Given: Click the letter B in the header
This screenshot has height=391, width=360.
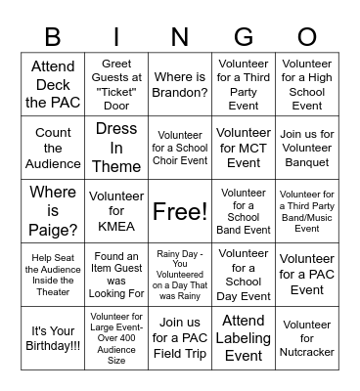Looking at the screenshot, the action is [53, 37].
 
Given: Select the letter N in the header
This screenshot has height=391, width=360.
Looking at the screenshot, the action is [180, 37].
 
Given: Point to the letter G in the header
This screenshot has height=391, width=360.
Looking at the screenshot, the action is [244, 37].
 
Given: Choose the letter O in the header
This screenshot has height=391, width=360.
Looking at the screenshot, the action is [307, 37].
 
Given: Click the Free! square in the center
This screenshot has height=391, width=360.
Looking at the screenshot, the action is [180, 211].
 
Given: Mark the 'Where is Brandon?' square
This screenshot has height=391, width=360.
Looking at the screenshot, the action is [180, 85].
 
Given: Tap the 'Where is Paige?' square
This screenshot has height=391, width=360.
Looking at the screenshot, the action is [53, 211].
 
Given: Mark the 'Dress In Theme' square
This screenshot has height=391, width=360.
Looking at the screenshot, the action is [116, 148].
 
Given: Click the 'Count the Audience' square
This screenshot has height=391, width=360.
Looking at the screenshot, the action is [53, 148].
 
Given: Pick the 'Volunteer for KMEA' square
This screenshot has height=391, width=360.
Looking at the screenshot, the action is [116, 211].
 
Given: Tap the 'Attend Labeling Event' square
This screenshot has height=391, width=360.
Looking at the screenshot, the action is [244, 338].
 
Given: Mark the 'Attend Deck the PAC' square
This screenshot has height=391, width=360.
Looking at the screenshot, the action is [53, 85].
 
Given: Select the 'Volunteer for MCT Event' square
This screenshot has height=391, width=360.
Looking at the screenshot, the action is [244, 148].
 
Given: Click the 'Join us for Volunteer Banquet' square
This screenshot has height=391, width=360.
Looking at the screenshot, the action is [307, 148].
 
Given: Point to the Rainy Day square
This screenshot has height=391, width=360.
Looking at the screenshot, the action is [180, 275].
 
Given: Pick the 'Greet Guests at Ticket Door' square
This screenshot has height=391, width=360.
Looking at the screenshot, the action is [116, 85].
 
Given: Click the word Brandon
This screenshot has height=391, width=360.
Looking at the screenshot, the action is [180, 93].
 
